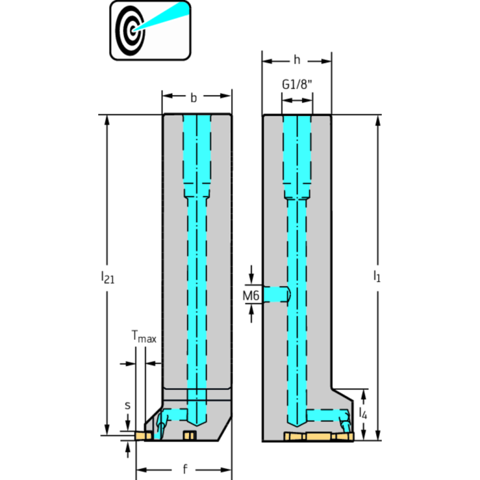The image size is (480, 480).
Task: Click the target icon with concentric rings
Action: pos(130,30)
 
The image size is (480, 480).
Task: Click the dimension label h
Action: pos(297,60)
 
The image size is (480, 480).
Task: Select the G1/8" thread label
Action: pos(297,84)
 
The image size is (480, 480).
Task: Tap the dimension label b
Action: pos(193,98)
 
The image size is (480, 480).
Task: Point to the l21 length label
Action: pos(108,277)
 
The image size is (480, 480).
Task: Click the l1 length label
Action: pos(377,276)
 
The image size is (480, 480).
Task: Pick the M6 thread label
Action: pos(251,296)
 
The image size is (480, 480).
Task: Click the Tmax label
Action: pos(143,337)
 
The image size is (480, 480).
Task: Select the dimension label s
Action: pos(127,406)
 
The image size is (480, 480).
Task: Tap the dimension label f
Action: pos(185,469)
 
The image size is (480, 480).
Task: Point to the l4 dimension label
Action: pos(363,413)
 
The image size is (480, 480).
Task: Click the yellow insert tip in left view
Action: pos(143,436)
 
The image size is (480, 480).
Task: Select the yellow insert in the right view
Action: pos(319,437)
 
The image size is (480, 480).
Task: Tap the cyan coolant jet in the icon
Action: pos(161,17)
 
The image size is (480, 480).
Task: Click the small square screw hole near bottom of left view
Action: pos(190,436)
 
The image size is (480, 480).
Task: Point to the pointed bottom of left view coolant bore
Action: pos(197,425)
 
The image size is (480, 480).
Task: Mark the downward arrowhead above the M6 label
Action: pos(252,278)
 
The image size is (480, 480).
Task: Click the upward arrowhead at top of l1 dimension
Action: pos(378,121)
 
